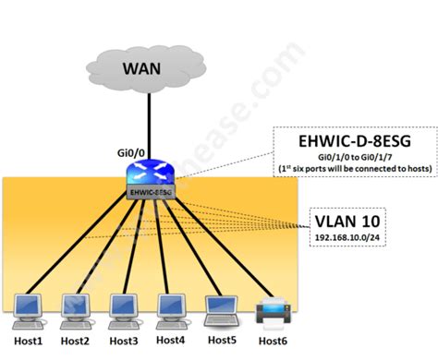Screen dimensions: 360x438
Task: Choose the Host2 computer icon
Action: coord(74,307)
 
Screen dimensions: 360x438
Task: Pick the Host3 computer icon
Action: coord(123,307)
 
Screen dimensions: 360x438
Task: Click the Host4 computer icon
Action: coord(171,307)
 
